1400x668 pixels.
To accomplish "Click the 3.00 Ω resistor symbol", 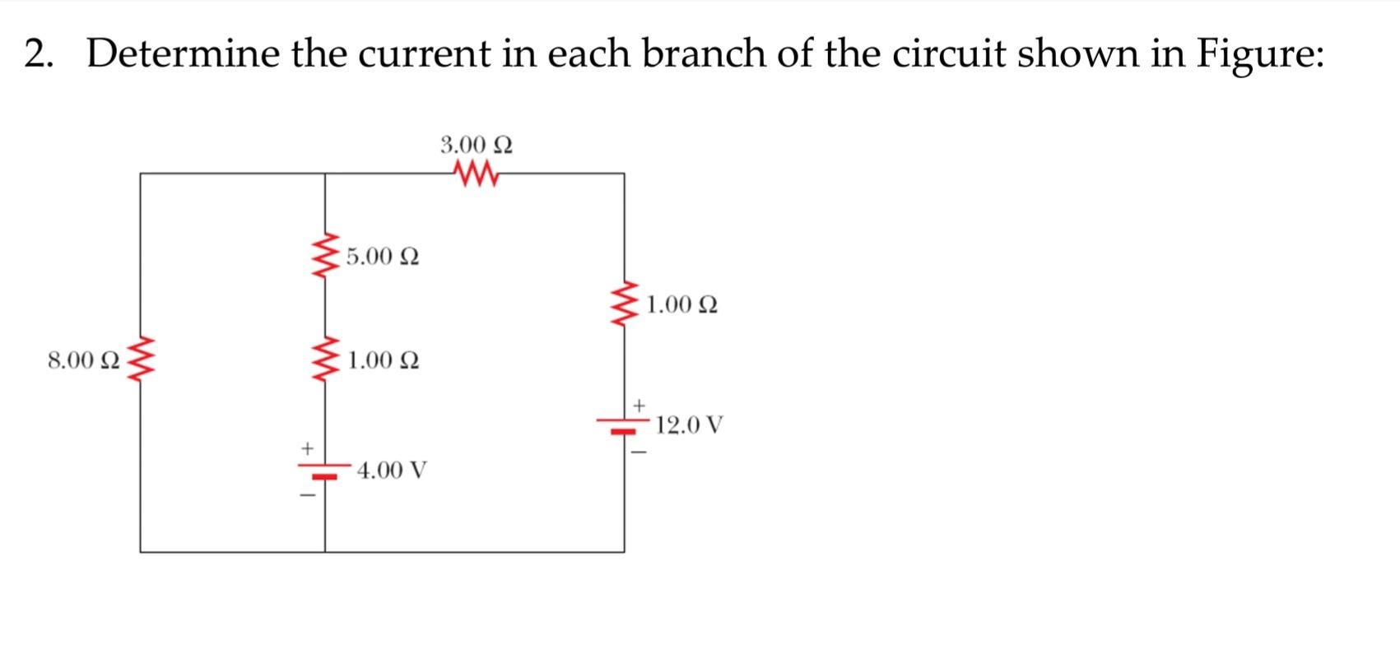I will [476, 174].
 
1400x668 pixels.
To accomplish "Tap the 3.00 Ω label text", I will [477, 146].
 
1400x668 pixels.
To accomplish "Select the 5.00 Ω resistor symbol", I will [325, 256].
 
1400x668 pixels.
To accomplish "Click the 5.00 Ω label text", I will [383, 257].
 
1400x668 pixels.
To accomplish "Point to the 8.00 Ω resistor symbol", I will [141, 360].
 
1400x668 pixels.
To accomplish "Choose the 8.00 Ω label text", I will [84, 360].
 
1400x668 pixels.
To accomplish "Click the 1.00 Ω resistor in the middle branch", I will [325, 360].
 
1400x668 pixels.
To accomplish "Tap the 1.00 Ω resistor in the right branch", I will [624, 305].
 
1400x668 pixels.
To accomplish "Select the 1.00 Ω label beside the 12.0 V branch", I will [681, 305].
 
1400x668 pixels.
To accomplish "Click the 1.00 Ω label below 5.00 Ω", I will [384, 360].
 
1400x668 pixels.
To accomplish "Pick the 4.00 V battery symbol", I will [325, 471].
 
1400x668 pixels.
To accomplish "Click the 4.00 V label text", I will [393, 471].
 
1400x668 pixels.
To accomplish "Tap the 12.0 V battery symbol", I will [624, 425].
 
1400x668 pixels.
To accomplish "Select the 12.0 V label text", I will [690, 425].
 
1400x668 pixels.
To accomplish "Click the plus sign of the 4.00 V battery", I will [307, 449].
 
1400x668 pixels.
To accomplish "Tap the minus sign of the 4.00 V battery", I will [307, 495].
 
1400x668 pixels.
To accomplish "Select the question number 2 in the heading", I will [35, 54].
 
